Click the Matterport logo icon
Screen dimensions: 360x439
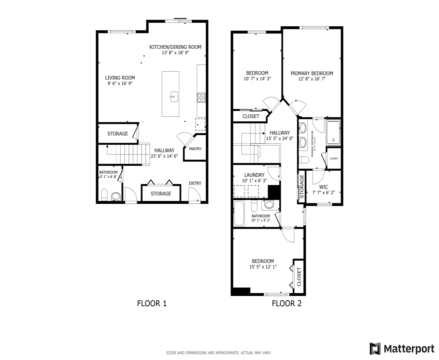click(x=375, y=349)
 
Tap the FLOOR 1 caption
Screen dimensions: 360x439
click(x=152, y=303)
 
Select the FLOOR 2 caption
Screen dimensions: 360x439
click(x=286, y=303)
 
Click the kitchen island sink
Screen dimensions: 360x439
click(x=173, y=97)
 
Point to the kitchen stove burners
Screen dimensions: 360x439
click(x=201, y=97)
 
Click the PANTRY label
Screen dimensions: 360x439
click(x=195, y=149)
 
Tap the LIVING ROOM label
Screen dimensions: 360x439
click(x=120, y=78)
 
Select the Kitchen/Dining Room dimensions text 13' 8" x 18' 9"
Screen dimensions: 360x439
click(x=175, y=53)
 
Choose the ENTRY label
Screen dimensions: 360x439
click(x=195, y=183)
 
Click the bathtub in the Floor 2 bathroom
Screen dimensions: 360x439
click(x=239, y=214)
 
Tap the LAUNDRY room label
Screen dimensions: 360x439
click(x=254, y=175)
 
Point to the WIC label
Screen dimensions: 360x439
click(x=323, y=187)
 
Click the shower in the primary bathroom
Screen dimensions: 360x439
click(x=333, y=133)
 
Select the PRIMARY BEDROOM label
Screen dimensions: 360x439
click(x=312, y=73)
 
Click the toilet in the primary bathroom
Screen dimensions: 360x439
click(x=304, y=160)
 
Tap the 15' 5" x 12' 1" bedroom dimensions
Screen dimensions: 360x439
click(x=263, y=267)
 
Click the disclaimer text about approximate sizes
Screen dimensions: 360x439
click(x=219, y=353)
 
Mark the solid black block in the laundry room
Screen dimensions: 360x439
click(x=274, y=192)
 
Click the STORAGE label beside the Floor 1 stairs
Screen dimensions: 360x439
click(x=117, y=134)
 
